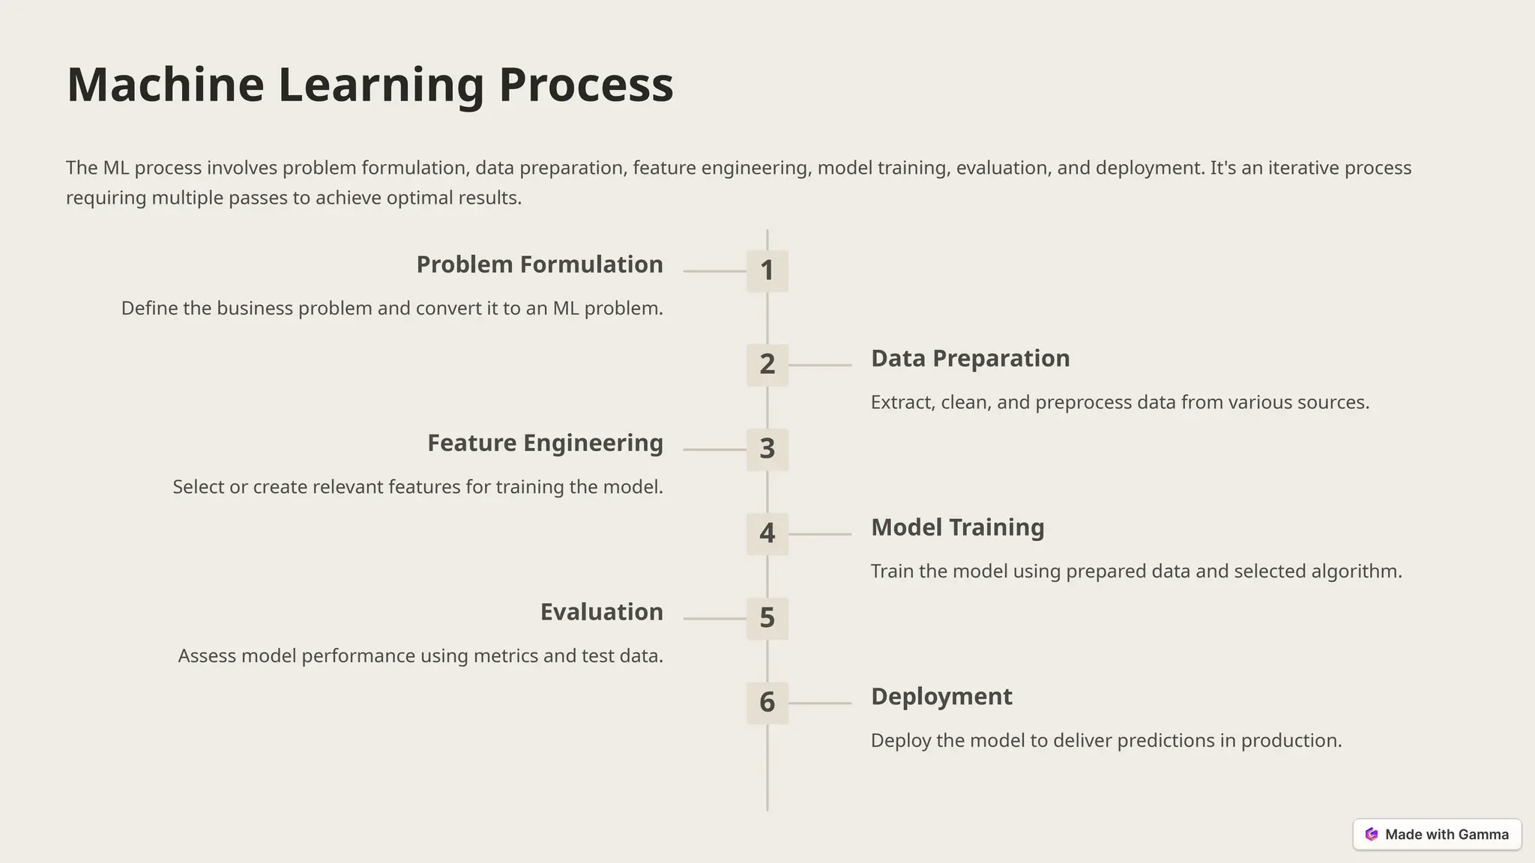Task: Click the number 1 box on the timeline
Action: (x=767, y=270)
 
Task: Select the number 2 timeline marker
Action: (x=767, y=365)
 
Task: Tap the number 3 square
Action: (x=767, y=449)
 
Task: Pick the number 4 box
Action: (x=767, y=534)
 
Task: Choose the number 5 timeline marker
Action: (x=767, y=619)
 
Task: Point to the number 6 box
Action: (x=767, y=703)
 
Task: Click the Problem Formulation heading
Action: (x=539, y=264)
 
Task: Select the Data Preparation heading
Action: (x=970, y=358)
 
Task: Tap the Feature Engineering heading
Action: (x=545, y=443)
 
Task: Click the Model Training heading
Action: (x=957, y=527)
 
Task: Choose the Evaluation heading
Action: (x=601, y=612)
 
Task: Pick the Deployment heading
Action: (x=941, y=697)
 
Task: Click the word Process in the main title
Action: (x=585, y=85)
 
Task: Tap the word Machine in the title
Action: (x=165, y=85)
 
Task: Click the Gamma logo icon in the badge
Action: (x=1372, y=835)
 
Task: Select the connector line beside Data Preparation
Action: (x=820, y=365)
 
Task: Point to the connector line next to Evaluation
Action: (x=714, y=619)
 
